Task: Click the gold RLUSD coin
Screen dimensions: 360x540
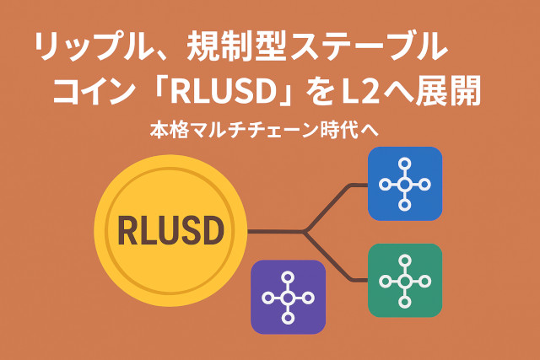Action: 171,229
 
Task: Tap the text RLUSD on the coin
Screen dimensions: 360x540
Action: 171,230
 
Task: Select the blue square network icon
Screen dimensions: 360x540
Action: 405,184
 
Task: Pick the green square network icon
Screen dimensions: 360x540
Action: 405,281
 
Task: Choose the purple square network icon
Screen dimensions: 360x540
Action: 289,298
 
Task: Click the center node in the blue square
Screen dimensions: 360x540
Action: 405,184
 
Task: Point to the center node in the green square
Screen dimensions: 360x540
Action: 405,281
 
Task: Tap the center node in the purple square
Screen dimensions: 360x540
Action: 289,298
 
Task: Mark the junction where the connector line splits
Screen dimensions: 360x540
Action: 305,231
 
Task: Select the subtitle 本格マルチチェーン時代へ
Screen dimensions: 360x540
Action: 266,131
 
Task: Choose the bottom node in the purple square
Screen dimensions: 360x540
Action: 289,319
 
